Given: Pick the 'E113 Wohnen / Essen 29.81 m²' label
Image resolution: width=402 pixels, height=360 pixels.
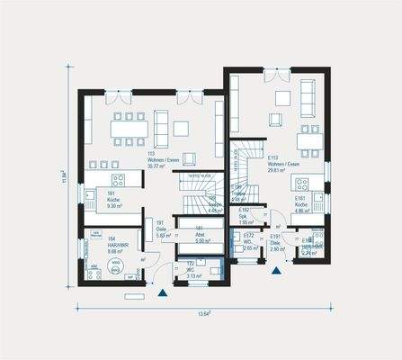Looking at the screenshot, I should coord(281,163).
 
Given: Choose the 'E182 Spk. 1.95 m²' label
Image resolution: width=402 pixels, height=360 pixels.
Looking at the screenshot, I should coord(245,217).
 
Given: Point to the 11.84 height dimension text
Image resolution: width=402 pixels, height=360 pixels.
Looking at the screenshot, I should coord(63,178).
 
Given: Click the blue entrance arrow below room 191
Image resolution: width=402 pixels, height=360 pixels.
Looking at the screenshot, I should coord(161,292).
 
